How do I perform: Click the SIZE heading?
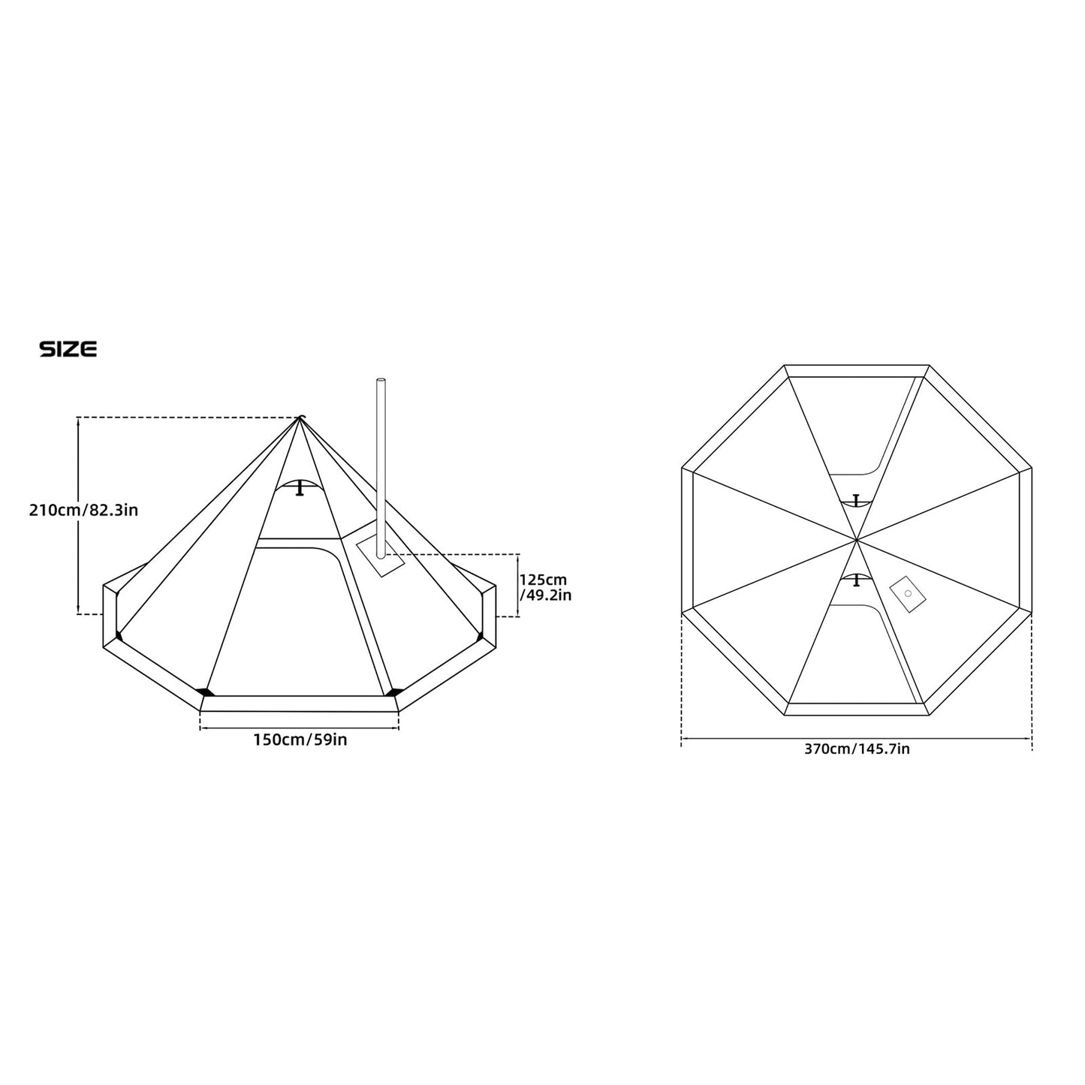pyautogui.click(x=68, y=349)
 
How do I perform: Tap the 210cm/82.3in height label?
pyautogui.click(x=83, y=511)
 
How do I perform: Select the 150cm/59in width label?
pyautogui.click(x=300, y=740)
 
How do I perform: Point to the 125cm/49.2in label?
pyautogui.click(x=545, y=587)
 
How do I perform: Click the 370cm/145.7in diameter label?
pyautogui.click(x=857, y=749)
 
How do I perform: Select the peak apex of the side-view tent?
pyautogui.click(x=300, y=417)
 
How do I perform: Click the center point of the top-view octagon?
pyautogui.click(x=856, y=539)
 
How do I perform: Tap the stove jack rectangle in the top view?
pyautogui.click(x=908, y=594)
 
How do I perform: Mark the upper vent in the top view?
pyautogui.click(x=856, y=500)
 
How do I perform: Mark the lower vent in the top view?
pyautogui.click(x=856, y=579)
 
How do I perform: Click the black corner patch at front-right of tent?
pyautogui.click(x=392, y=692)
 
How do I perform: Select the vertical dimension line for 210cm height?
pyautogui.click(x=79, y=517)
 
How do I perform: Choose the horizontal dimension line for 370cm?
pyautogui.click(x=857, y=739)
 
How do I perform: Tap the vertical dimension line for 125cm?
pyautogui.click(x=519, y=586)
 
